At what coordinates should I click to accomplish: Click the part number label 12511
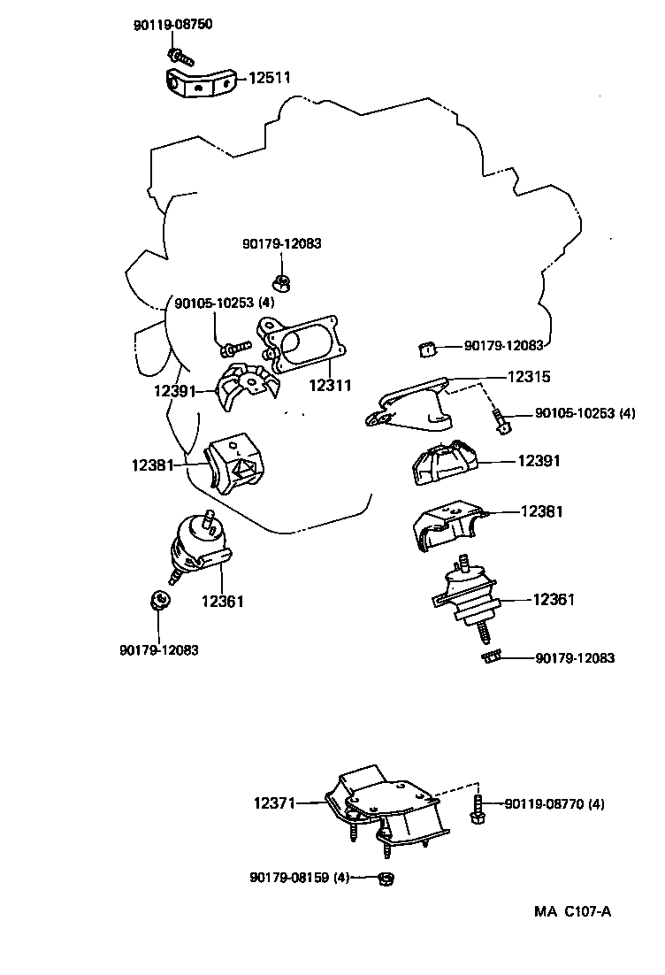[x=269, y=79]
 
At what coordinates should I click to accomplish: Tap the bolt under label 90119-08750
[x=175, y=59]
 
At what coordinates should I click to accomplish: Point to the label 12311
[x=330, y=386]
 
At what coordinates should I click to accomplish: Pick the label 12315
[x=529, y=376]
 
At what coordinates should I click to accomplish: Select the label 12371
[x=275, y=803]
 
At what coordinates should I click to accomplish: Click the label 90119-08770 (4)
[x=554, y=804]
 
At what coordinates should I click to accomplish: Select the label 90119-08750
[x=172, y=25]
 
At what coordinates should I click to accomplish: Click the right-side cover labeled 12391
[x=447, y=463]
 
